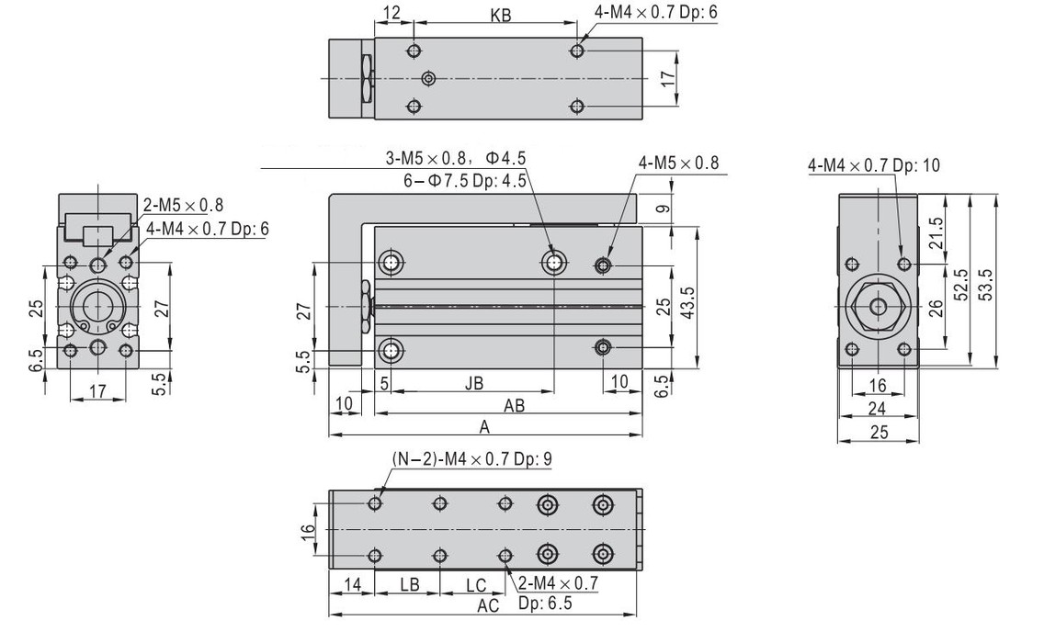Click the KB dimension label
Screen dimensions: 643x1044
click(x=501, y=16)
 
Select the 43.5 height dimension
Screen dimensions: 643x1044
click(x=687, y=299)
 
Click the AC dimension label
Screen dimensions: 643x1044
click(x=488, y=605)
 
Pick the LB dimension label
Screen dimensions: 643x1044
click(x=410, y=584)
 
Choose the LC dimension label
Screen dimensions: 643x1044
click(x=475, y=584)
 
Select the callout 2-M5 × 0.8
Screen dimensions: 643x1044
click(x=183, y=205)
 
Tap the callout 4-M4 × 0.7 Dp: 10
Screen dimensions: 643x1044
click(x=874, y=165)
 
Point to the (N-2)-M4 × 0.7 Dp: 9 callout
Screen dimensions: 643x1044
click(x=471, y=459)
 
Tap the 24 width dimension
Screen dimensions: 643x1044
click(x=879, y=408)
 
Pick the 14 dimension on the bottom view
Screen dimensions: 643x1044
click(x=352, y=584)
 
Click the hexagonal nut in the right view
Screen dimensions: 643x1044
click(x=879, y=305)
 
